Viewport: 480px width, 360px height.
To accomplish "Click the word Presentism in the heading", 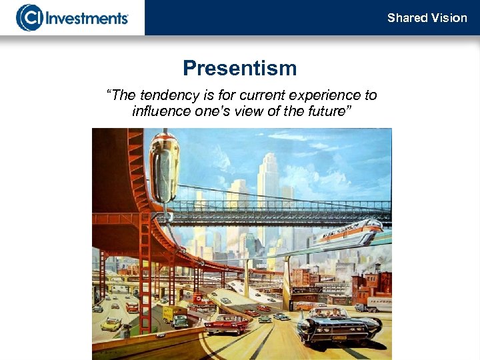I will pyautogui.click(x=240, y=68).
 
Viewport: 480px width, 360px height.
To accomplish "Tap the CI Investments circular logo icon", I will pyautogui.click(x=29, y=17).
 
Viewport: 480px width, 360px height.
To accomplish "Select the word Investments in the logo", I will pyautogui.click(x=86, y=17).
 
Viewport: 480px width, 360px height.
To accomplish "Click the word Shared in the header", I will pyautogui.click(x=407, y=18).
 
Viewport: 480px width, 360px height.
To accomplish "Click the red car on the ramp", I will pyautogui.click(x=226, y=323).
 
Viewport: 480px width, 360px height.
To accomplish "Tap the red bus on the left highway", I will pyautogui.click(x=132, y=307).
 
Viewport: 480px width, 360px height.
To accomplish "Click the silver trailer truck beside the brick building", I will pyautogui.click(x=377, y=305).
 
